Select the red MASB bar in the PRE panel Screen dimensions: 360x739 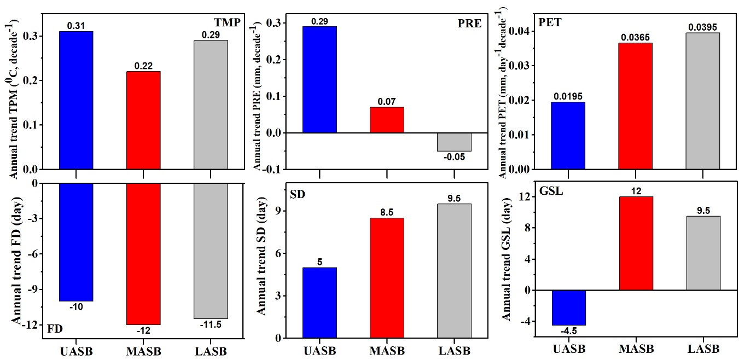(x=387, y=120)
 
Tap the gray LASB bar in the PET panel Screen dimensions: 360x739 (x=702, y=101)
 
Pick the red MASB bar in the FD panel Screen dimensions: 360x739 (x=143, y=254)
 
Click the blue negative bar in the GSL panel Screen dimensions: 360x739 (x=568, y=307)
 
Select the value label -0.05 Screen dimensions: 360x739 (x=455, y=157)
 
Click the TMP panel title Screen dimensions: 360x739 (x=226, y=22)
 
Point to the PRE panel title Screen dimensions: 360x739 (x=469, y=25)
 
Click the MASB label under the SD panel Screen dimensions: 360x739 (x=387, y=350)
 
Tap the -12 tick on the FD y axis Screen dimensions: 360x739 (x=28, y=325)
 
